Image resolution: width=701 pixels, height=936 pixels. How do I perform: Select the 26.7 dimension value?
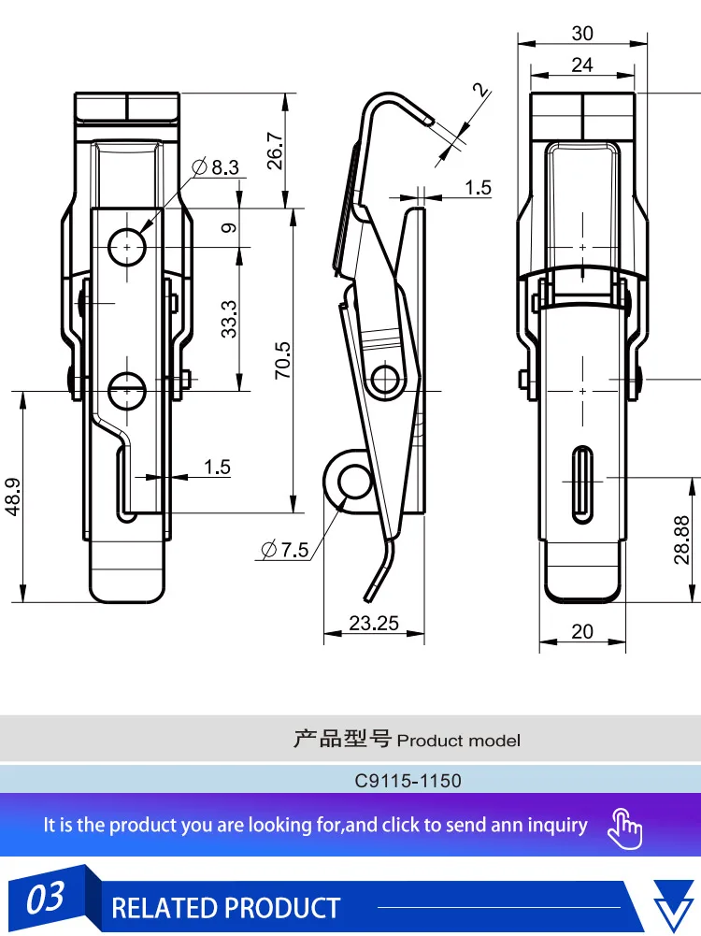pyautogui.click(x=275, y=150)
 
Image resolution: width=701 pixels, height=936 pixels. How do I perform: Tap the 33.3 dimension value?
pyautogui.click(x=229, y=318)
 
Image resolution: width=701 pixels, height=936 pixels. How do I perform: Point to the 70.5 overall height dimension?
pyautogui.click(x=283, y=360)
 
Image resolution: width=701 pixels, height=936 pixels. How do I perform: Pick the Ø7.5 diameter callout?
pyautogui.click(x=285, y=550)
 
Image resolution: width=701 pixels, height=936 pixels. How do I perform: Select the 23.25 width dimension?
pyautogui.click(x=374, y=623)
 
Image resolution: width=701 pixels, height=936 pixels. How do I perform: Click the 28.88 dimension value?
pyautogui.click(x=681, y=540)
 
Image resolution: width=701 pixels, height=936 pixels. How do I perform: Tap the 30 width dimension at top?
pyautogui.click(x=582, y=34)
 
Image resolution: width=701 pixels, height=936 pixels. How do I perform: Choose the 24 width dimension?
pyautogui.click(x=582, y=65)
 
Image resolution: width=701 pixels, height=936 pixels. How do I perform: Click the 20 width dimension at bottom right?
pyautogui.click(x=582, y=632)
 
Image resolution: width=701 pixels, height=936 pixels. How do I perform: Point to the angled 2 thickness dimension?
pyautogui.click(x=480, y=91)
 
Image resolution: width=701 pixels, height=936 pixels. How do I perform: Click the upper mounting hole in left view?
pyautogui.click(x=126, y=247)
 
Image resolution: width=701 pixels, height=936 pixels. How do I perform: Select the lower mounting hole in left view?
pyautogui.click(x=126, y=390)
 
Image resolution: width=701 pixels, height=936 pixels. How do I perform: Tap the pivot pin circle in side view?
pyautogui.click(x=385, y=379)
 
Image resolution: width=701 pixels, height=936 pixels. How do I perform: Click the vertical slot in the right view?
pyautogui.click(x=582, y=479)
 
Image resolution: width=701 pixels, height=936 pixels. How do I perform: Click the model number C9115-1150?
pyautogui.click(x=408, y=780)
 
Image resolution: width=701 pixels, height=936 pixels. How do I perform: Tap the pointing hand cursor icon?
pyautogui.click(x=625, y=827)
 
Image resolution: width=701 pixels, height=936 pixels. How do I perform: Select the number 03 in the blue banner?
pyautogui.click(x=45, y=900)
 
